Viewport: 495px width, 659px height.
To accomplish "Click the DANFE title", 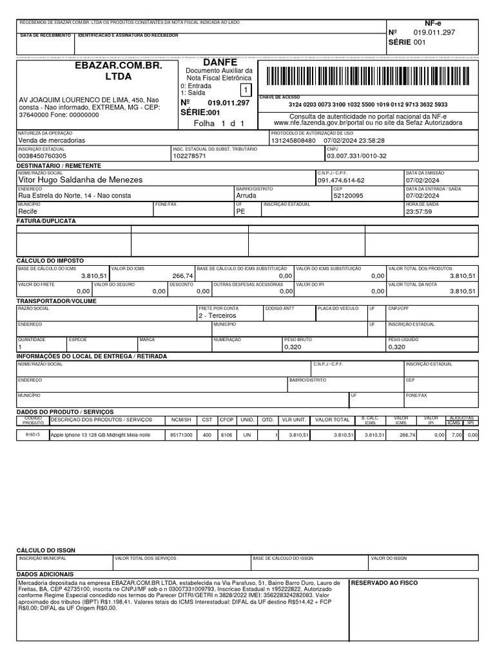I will (x=220, y=62).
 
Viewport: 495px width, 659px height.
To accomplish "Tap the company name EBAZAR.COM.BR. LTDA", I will (x=118, y=71).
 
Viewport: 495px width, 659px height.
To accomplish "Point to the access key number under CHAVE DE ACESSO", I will (x=367, y=104).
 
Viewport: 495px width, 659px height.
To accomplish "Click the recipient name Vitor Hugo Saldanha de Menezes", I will (x=81, y=180).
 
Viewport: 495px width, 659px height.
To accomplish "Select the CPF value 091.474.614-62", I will (x=341, y=181).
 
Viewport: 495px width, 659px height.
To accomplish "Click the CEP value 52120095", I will (x=348, y=196).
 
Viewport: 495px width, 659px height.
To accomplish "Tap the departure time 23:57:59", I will (x=420, y=211).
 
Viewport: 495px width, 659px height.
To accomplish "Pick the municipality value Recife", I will (x=28, y=211).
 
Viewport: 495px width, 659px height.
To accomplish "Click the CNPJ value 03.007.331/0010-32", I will (x=356, y=156).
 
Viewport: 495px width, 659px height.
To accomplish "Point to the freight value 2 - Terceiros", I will (x=217, y=316).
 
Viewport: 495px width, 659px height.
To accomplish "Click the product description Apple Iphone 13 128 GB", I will (x=100, y=435).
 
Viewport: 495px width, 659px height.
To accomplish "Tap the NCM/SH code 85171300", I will (x=180, y=435).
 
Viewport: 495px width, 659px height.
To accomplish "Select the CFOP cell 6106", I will (x=226, y=435).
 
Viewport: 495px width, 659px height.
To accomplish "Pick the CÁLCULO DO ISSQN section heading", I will (x=46, y=550).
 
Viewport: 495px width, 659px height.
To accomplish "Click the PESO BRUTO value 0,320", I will (x=293, y=347).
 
